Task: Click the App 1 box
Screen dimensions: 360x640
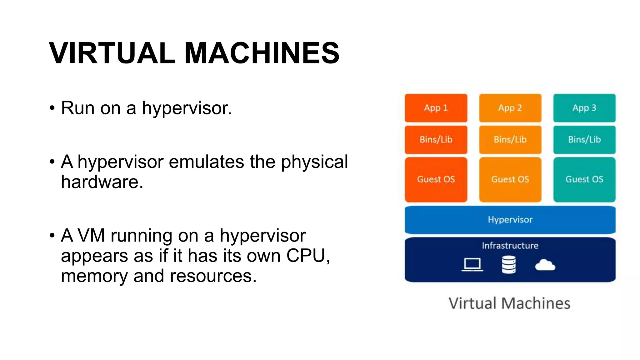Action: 436,108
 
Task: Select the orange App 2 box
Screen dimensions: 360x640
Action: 510,108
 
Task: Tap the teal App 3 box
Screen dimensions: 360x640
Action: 584,108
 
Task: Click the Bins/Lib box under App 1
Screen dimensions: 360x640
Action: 436,139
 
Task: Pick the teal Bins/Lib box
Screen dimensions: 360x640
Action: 584,139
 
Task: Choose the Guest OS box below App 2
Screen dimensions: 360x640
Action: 510,179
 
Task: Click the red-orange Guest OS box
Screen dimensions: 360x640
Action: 436,179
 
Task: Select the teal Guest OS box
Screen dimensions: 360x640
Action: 584,179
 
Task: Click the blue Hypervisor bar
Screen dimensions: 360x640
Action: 510,220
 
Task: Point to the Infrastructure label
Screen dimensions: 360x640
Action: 510,246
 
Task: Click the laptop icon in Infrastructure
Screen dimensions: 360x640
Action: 472,265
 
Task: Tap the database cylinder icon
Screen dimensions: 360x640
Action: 509,265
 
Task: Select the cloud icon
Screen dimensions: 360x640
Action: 545,265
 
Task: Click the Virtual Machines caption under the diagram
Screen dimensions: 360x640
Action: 509,303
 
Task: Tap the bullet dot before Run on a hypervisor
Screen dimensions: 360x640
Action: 52,108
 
